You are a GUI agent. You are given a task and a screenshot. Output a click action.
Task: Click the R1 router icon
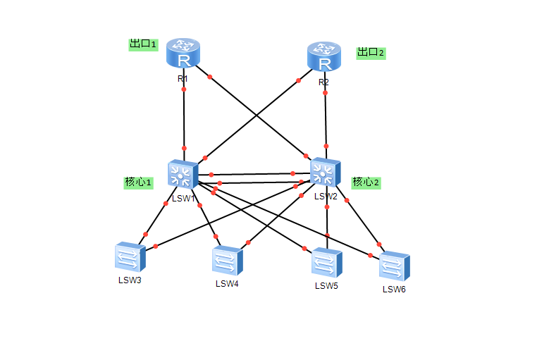pos(184,55)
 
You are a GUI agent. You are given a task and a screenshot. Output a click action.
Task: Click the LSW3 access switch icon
pos(130,258)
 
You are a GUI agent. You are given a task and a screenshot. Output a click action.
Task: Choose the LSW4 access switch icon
pos(227,261)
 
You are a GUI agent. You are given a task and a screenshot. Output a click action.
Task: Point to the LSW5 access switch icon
pos(327,263)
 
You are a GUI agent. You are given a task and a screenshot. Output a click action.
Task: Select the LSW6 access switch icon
pos(394,266)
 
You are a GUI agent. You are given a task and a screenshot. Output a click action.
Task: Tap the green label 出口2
pos(371,52)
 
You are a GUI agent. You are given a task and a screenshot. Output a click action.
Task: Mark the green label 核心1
pos(139,182)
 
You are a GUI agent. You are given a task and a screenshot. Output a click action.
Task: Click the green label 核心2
pos(366,182)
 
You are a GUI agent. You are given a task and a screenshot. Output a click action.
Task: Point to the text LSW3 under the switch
pos(130,280)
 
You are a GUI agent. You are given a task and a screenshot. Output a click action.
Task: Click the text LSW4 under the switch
pos(227,284)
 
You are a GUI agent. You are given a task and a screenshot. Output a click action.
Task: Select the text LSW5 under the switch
pos(326,285)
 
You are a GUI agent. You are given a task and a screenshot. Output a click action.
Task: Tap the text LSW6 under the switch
pos(394,289)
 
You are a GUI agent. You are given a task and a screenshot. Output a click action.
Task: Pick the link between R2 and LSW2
pos(325,116)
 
